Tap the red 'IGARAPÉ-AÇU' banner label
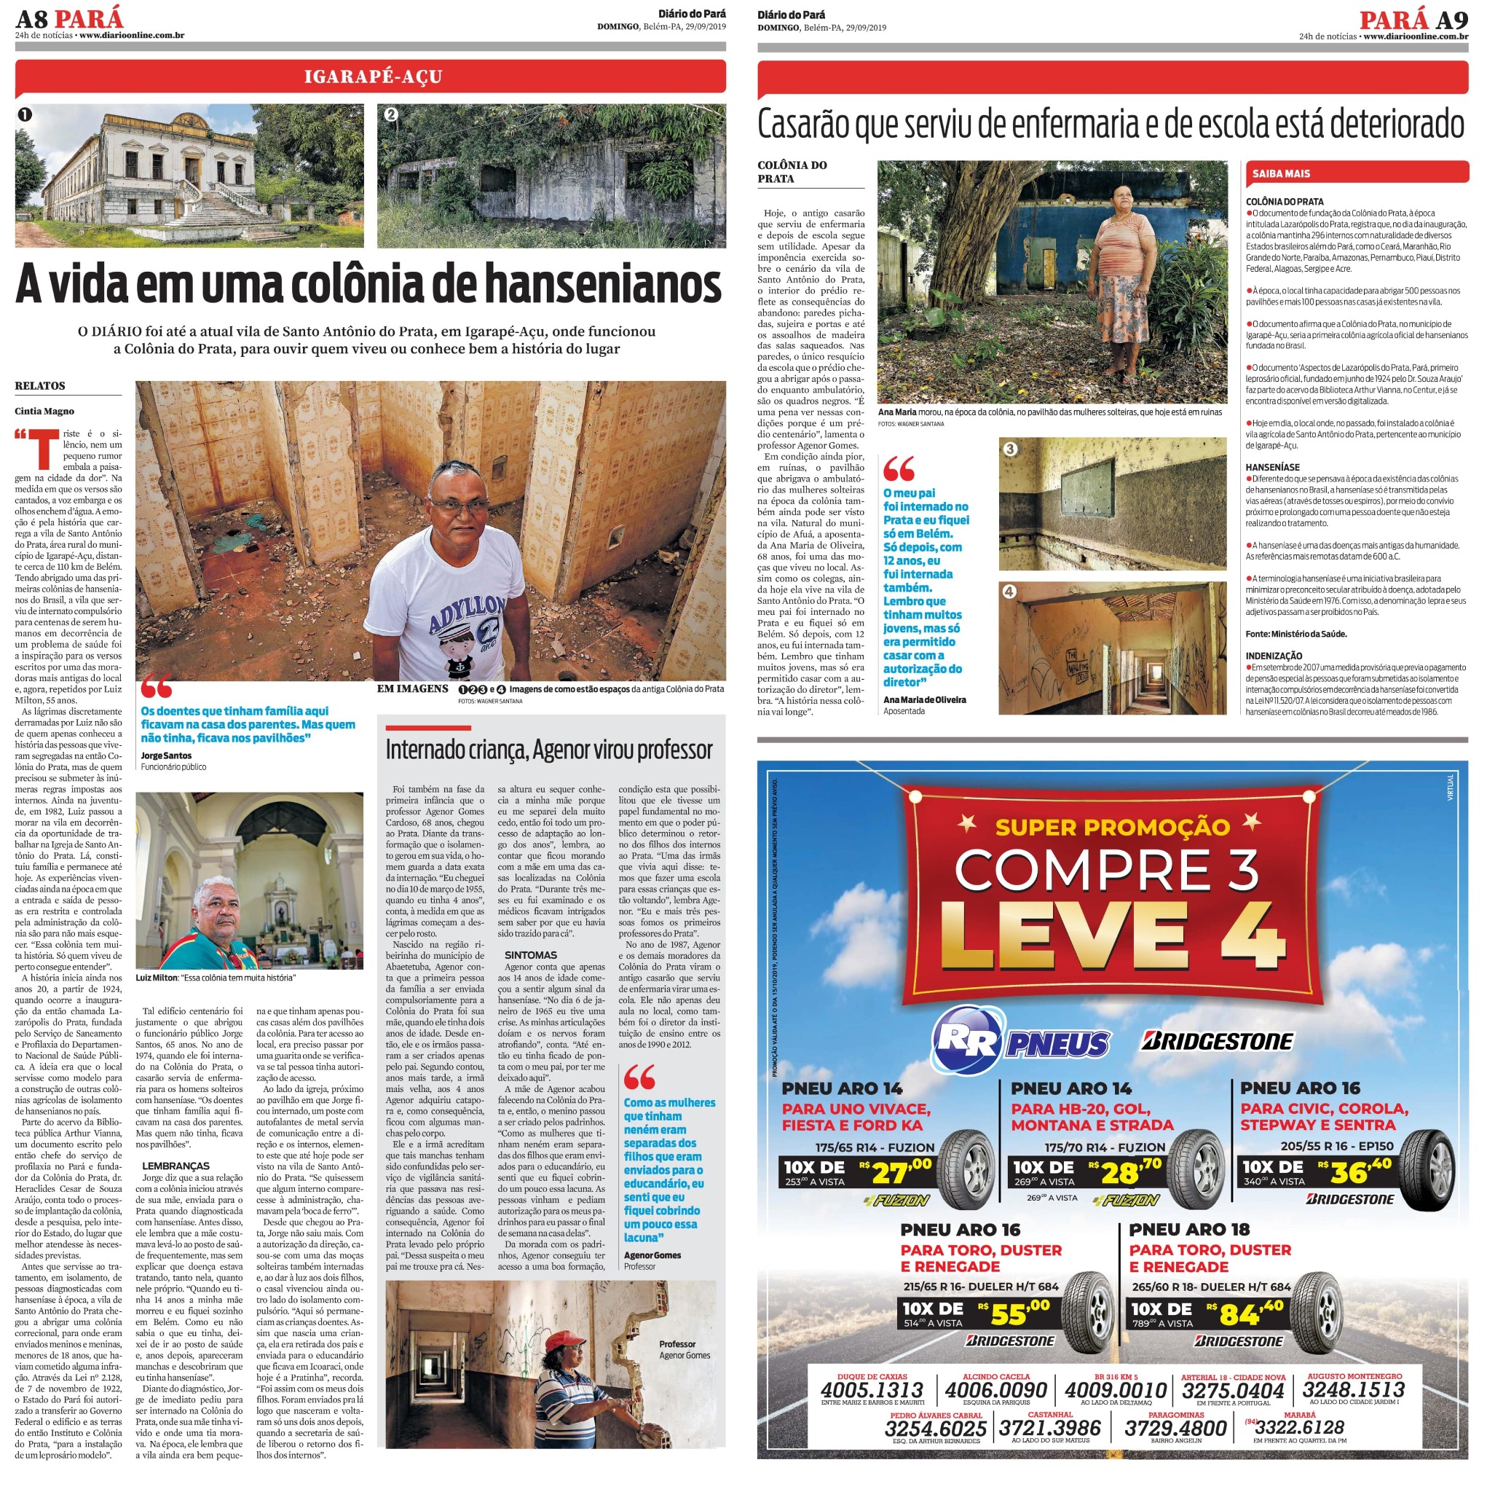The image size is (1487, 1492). click(x=373, y=76)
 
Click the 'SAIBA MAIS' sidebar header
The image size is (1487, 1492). click(x=1281, y=174)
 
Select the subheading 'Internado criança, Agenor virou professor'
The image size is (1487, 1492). click(x=548, y=750)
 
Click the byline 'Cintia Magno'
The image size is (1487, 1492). click(x=44, y=412)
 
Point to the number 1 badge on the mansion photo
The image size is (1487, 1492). click(x=25, y=115)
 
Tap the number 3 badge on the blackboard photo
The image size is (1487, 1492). click(x=1009, y=449)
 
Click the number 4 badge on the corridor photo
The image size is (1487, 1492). click(x=1009, y=592)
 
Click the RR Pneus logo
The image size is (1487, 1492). click(x=1021, y=1042)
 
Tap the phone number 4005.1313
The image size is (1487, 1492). click(x=872, y=1390)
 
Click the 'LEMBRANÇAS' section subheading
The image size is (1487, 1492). click(x=175, y=1166)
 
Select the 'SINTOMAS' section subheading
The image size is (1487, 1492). click(x=530, y=955)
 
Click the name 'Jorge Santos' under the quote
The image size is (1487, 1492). click(x=166, y=756)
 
